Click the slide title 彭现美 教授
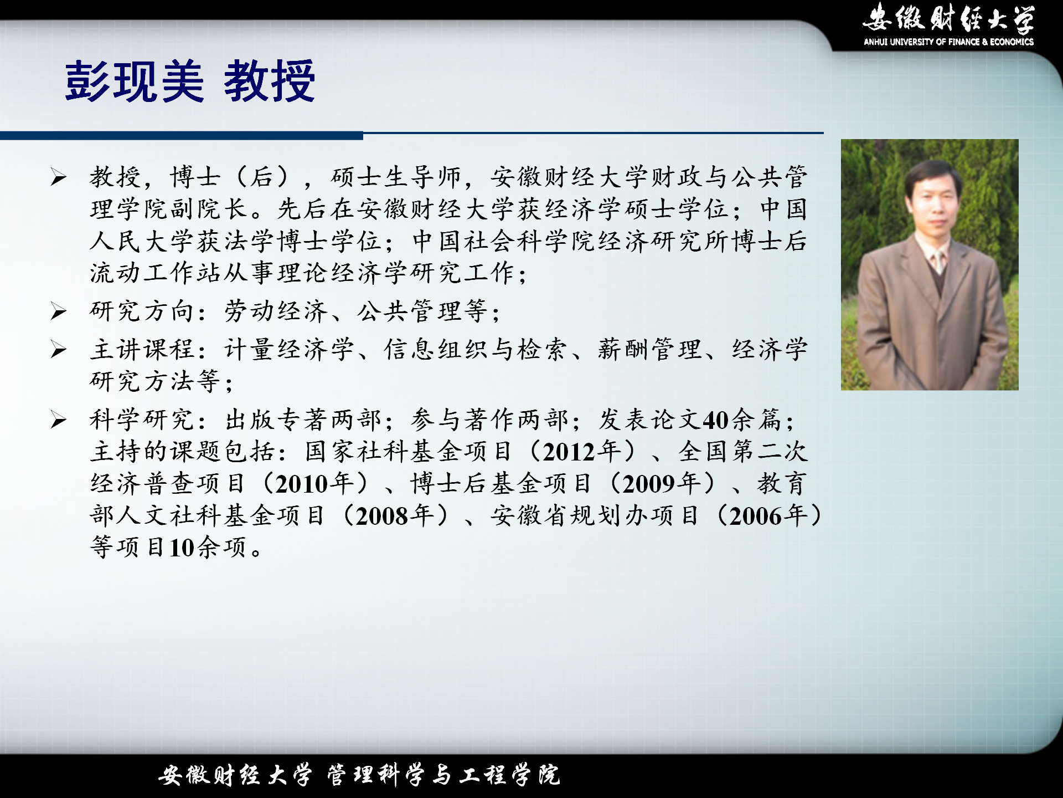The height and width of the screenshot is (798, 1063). [190, 81]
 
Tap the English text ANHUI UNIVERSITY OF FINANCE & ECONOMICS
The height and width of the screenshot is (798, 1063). [948, 42]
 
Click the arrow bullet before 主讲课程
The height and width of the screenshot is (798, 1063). [58, 350]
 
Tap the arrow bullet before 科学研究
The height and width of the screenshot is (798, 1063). [58, 420]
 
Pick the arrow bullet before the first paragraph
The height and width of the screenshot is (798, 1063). [58, 177]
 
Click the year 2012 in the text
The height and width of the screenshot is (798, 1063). [569, 452]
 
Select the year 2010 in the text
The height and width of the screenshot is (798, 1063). [302, 484]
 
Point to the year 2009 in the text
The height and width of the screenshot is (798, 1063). [648, 484]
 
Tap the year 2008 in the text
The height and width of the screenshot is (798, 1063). [382, 516]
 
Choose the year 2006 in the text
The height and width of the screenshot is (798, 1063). [755, 516]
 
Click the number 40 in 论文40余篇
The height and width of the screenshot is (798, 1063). [715, 421]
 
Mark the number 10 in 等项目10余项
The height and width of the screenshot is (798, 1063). [182, 548]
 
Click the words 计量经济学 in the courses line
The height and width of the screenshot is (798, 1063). [289, 350]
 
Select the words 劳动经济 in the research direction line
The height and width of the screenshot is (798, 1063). [276, 311]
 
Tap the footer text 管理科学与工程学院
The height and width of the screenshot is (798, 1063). [443, 775]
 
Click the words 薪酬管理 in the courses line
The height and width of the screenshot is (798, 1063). [649, 350]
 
